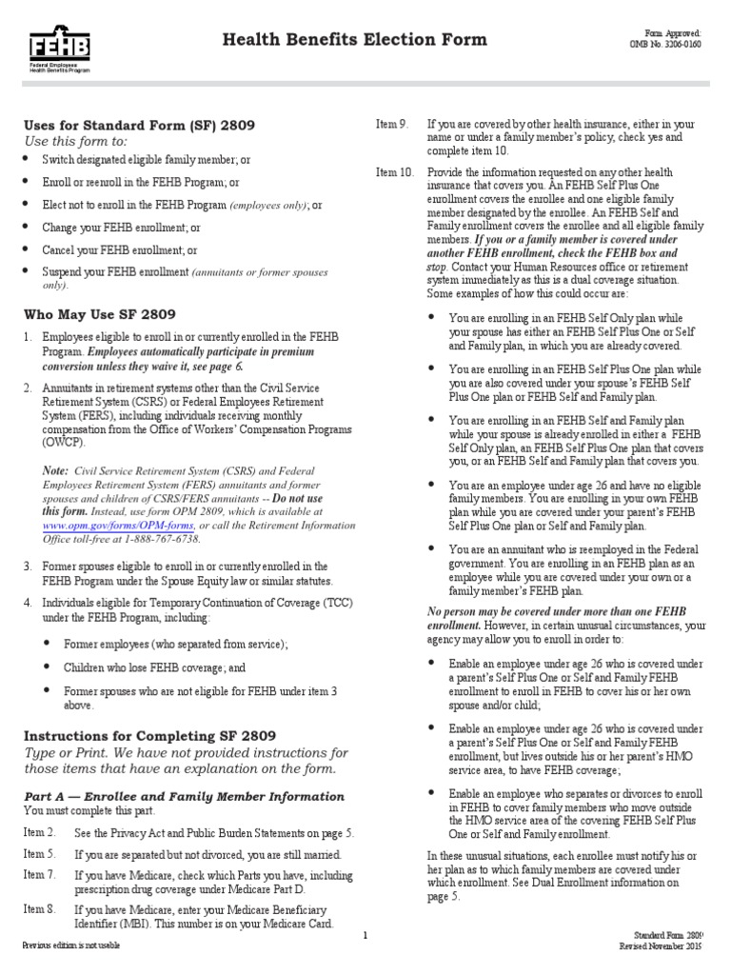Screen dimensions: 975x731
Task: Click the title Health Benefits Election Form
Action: coord(354,39)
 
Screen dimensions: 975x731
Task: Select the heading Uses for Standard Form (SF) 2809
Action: coord(139,125)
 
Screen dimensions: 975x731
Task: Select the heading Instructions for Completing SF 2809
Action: coord(149,735)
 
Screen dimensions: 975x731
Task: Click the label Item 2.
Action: coord(40,832)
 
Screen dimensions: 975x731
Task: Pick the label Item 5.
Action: coord(40,854)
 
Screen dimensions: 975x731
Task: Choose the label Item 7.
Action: coord(40,875)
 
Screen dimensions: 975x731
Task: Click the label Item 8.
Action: coord(40,909)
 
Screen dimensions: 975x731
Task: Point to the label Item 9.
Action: coord(392,124)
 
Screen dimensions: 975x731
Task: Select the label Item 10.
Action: coord(395,172)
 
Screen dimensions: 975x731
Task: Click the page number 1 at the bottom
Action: coord(365,936)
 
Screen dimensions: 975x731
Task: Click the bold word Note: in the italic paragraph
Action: coord(55,470)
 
